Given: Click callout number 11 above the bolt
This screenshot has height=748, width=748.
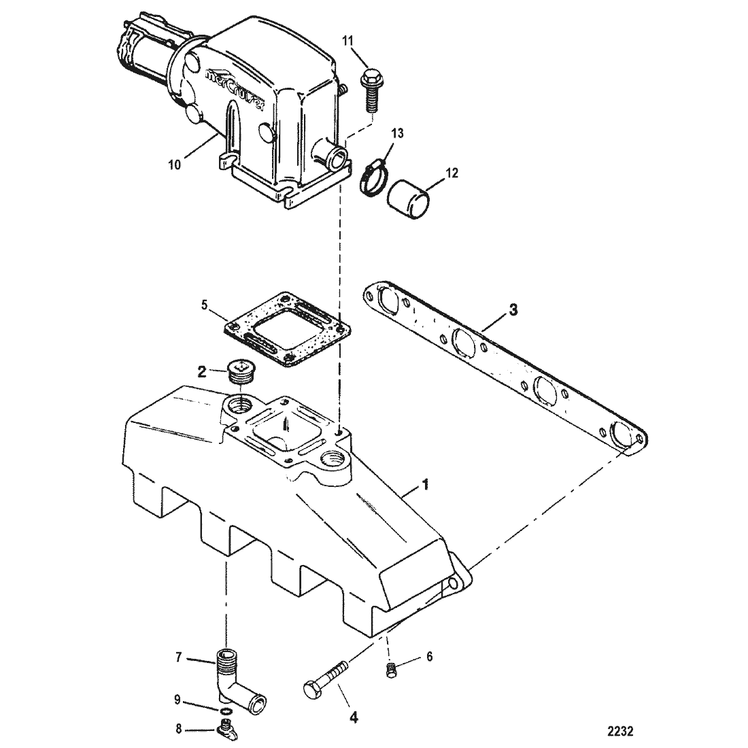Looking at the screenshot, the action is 348,41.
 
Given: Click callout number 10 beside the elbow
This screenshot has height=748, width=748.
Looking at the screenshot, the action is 175,165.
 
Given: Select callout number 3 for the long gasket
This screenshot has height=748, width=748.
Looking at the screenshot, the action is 512,311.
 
